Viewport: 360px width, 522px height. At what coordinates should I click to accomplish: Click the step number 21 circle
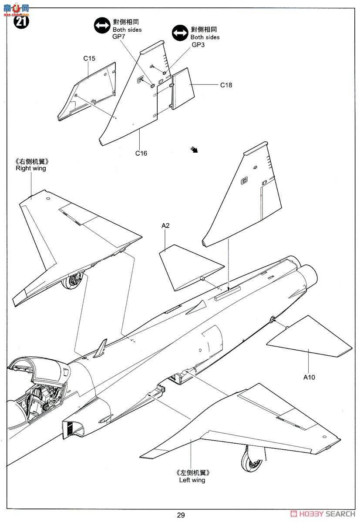click(21, 21)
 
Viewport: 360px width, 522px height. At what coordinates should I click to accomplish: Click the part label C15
click(89, 58)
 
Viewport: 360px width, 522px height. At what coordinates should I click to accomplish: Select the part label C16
click(141, 153)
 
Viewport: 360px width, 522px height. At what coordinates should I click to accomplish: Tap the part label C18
click(226, 85)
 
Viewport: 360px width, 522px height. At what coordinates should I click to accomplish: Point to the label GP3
click(198, 45)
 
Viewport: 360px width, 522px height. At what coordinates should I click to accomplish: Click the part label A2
click(165, 225)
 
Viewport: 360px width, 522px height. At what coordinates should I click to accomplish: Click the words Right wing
click(30, 168)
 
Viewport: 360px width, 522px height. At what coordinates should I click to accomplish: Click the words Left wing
click(192, 480)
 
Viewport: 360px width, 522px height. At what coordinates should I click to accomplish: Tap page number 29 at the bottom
click(181, 515)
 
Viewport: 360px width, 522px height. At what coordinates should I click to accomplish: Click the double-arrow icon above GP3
click(180, 33)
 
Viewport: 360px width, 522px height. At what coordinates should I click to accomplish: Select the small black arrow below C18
click(195, 150)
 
